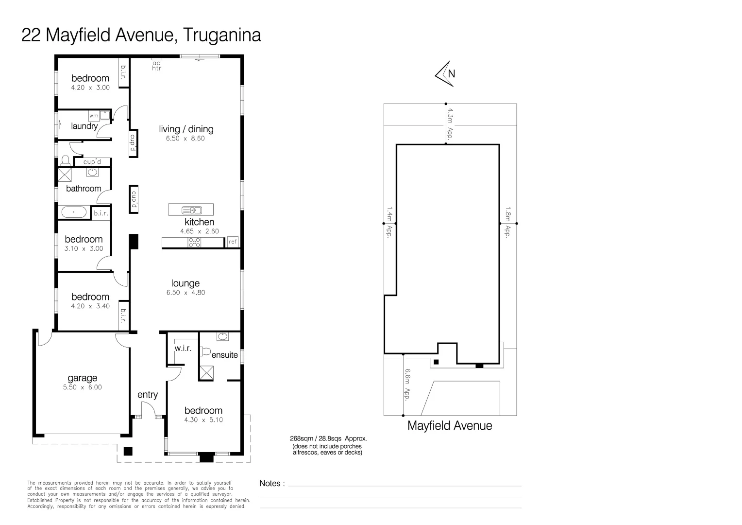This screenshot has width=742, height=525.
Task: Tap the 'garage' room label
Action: click(x=83, y=378)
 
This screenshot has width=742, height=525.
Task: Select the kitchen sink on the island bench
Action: click(x=191, y=210)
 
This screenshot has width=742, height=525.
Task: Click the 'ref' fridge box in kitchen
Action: click(x=233, y=242)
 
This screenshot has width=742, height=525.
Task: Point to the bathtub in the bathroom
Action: click(x=73, y=212)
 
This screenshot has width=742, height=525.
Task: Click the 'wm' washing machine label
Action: click(x=94, y=116)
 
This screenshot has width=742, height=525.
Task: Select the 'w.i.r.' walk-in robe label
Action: click(x=183, y=348)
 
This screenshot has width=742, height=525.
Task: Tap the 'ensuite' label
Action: click(x=224, y=355)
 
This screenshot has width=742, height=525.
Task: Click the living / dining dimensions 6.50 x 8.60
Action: click(x=185, y=139)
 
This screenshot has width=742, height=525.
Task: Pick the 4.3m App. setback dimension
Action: click(x=450, y=124)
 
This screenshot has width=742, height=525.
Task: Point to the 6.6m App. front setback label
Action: click(x=407, y=384)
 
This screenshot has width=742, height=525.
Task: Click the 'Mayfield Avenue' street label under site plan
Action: click(x=449, y=426)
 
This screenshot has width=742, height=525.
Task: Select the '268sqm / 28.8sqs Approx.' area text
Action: click(x=328, y=438)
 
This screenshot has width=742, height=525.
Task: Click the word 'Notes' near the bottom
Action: click(x=270, y=483)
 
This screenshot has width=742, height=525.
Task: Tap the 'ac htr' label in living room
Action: click(x=156, y=66)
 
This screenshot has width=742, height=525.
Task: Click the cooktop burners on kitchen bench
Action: click(x=194, y=242)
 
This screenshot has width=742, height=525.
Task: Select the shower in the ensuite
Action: click(x=207, y=373)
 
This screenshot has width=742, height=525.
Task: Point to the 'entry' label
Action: click(x=148, y=395)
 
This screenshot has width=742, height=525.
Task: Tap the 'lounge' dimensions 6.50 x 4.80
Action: click(x=185, y=293)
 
